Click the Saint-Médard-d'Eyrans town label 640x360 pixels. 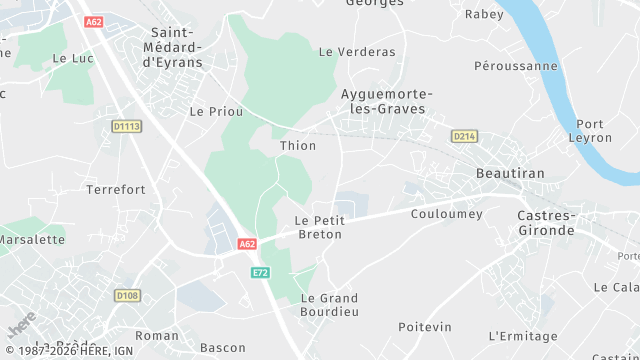tap(176, 47)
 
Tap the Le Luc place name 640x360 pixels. tap(72, 58)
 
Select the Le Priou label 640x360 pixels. tap(216, 112)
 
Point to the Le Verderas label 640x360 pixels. tap(357, 52)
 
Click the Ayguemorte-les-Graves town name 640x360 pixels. tap(383, 101)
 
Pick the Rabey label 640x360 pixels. tap(484, 14)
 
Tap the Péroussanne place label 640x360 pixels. tap(515, 66)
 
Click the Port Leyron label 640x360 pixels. tap(597, 132)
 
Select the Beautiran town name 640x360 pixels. tap(509, 173)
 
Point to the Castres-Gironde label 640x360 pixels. tap(546, 223)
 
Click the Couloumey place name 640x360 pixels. tap(447, 214)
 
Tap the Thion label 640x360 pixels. tap(298, 146)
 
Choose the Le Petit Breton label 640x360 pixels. tap(319, 227)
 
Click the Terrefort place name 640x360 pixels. tap(116, 189)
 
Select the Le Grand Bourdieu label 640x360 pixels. tap(329, 306)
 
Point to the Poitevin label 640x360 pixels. tap(425, 327)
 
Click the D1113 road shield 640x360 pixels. tap(127, 126)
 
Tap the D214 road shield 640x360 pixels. tap(463, 136)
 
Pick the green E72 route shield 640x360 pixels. tap(261, 272)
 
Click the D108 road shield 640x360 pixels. tap(127, 295)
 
